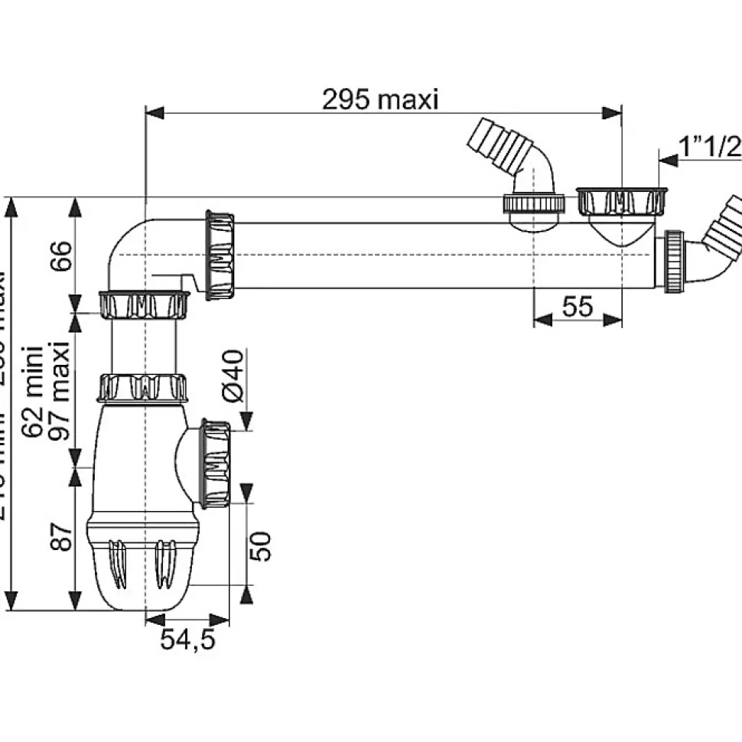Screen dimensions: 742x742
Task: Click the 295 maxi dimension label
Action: pyautogui.click(x=380, y=99)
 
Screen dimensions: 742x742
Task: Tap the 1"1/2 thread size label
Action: pyautogui.click(x=711, y=146)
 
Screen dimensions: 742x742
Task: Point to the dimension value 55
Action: pyautogui.click(x=578, y=306)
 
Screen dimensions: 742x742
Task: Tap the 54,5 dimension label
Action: pyautogui.click(x=187, y=639)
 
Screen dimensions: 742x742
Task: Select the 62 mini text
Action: pyautogui.click(x=33, y=391)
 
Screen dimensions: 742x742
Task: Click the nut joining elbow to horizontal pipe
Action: pyautogui.click(x=222, y=254)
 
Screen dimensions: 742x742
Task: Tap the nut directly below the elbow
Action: pyautogui.click(x=144, y=304)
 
